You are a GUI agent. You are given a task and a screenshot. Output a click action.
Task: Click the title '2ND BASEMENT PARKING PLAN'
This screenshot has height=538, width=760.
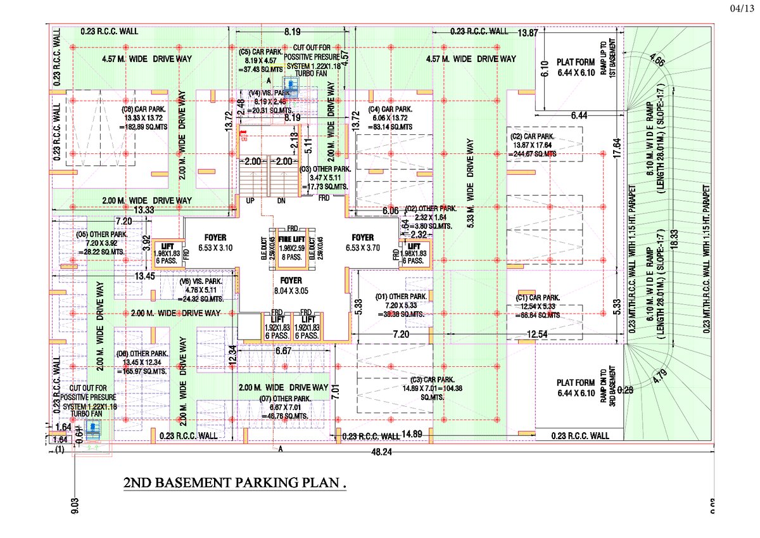(x=235, y=484)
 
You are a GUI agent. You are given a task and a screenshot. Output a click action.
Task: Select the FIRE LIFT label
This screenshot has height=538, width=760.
(x=292, y=240)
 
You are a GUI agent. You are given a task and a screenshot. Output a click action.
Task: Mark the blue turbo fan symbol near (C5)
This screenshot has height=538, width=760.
(x=291, y=86)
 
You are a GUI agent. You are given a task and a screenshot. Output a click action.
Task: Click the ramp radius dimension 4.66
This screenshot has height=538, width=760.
(x=657, y=63)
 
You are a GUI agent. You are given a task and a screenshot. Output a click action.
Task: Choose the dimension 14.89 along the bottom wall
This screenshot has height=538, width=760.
(x=412, y=434)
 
